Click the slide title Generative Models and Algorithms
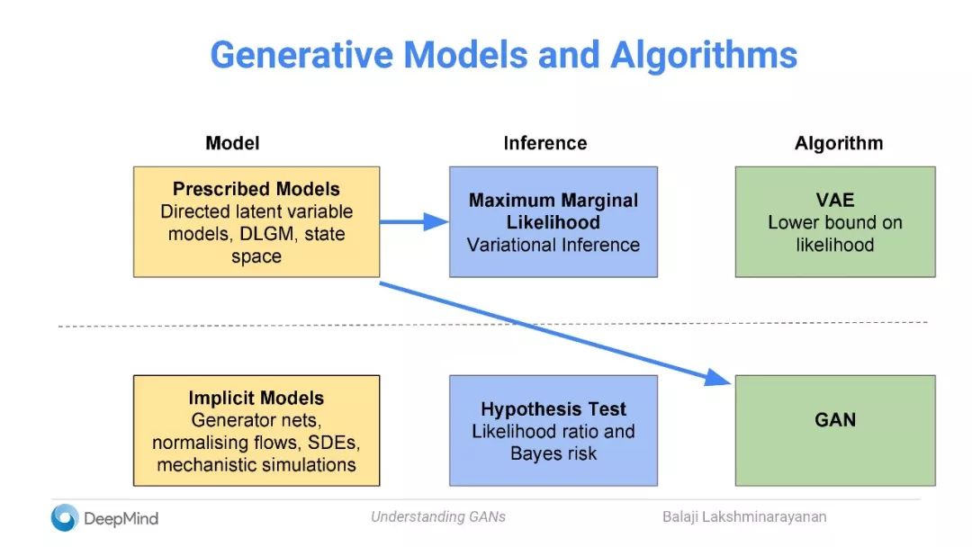coord(503,55)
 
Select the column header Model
coord(232,143)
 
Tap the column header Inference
coord(544,143)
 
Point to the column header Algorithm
coord(838,143)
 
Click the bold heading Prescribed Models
coord(256,190)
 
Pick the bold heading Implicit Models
coord(256,398)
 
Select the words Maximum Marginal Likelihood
coord(553,211)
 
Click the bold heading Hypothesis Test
coord(553,408)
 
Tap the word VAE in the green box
coord(835,200)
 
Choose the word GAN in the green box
coord(835,419)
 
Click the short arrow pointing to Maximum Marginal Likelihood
coord(414,221)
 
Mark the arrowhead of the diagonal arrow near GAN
coord(720,377)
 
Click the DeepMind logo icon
coord(65,517)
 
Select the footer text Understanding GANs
coord(438,516)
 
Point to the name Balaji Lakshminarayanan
coord(744,516)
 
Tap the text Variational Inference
coord(553,245)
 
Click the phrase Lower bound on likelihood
coord(835,233)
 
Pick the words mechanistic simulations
coord(256,465)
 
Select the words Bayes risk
coord(553,453)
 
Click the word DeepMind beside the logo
coord(121,518)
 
